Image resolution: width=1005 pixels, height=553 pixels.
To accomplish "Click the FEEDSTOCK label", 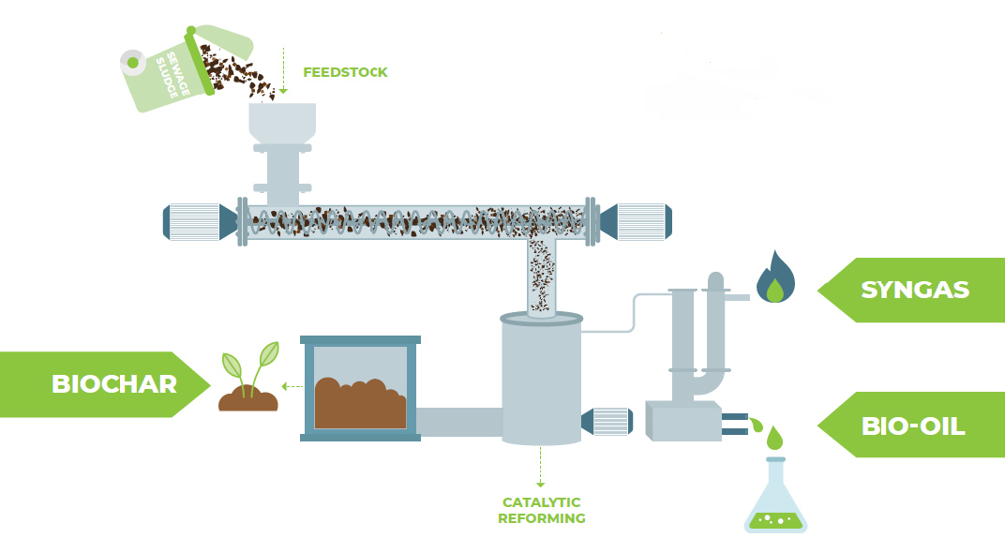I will (x=345, y=72).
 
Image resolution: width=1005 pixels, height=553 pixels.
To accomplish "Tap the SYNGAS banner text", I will (x=915, y=290).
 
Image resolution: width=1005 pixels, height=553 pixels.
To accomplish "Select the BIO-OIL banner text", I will (x=913, y=426).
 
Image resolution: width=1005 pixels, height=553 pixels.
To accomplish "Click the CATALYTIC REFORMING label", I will (x=542, y=510).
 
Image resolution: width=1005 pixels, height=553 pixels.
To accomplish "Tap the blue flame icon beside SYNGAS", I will (x=775, y=277).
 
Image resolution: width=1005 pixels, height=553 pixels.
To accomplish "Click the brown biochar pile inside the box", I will (x=359, y=403).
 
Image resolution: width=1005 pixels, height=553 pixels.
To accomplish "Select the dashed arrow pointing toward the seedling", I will (x=292, y=386).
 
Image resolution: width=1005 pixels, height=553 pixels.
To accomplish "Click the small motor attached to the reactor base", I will (x=607, y=422).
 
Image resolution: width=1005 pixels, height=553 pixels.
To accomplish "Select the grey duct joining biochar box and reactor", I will (x=458, y=422).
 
